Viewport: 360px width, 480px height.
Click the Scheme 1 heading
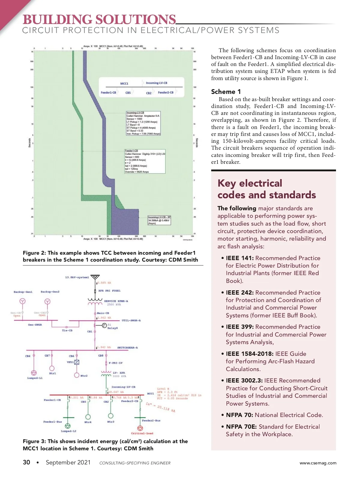pyautogui.click(x=226, y=92)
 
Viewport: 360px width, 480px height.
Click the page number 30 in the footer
pyautogui.click(x=26, y=462)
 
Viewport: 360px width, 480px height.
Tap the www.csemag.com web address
pyautogui.click(x=318, y=463)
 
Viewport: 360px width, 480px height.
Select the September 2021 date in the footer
pyautogui.click(x=68, y=462)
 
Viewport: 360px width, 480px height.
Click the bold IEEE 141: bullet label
pyautogui.click(x=240, y=258)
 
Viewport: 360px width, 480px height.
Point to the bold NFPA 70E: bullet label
pyautogui.click(x=241, y=427)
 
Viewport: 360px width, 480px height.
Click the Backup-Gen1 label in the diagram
pyautogui.click(x=23, y=292)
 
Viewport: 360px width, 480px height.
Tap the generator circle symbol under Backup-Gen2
pyautogui.click(x=47, y=301)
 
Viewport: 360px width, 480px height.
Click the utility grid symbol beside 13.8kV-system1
pyautogui.click(x=95, y=277)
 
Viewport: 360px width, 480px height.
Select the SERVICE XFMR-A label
pyautogui.click(x=116, y=301)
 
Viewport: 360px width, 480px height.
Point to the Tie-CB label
pyautogui.click(x=67, y=331)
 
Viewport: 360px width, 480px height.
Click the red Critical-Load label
pyautogui.click(x=142, y=433)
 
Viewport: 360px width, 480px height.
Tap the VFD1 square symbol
pyautogui.click(x=77, y=362)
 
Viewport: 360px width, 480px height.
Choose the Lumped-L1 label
pyautogui.click(x=35, y=378)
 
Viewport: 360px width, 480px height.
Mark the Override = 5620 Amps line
pyautogui.click(x=137, y=172)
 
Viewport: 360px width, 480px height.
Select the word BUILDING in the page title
pyautogui.click(x=58, y=20)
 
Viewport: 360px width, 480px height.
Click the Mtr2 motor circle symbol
pyautogui.click(x=77, y=375)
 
